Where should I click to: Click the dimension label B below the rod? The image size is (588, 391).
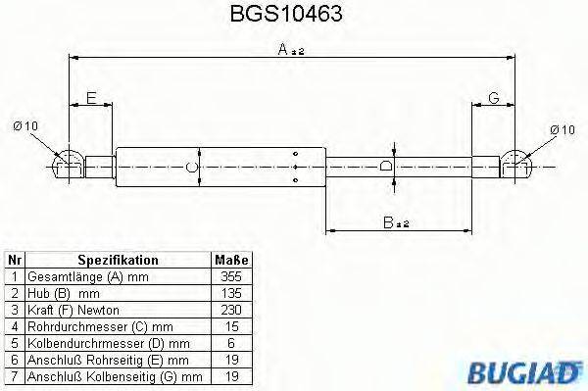pos(395,223)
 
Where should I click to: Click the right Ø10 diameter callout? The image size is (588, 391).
pos(563,128)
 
